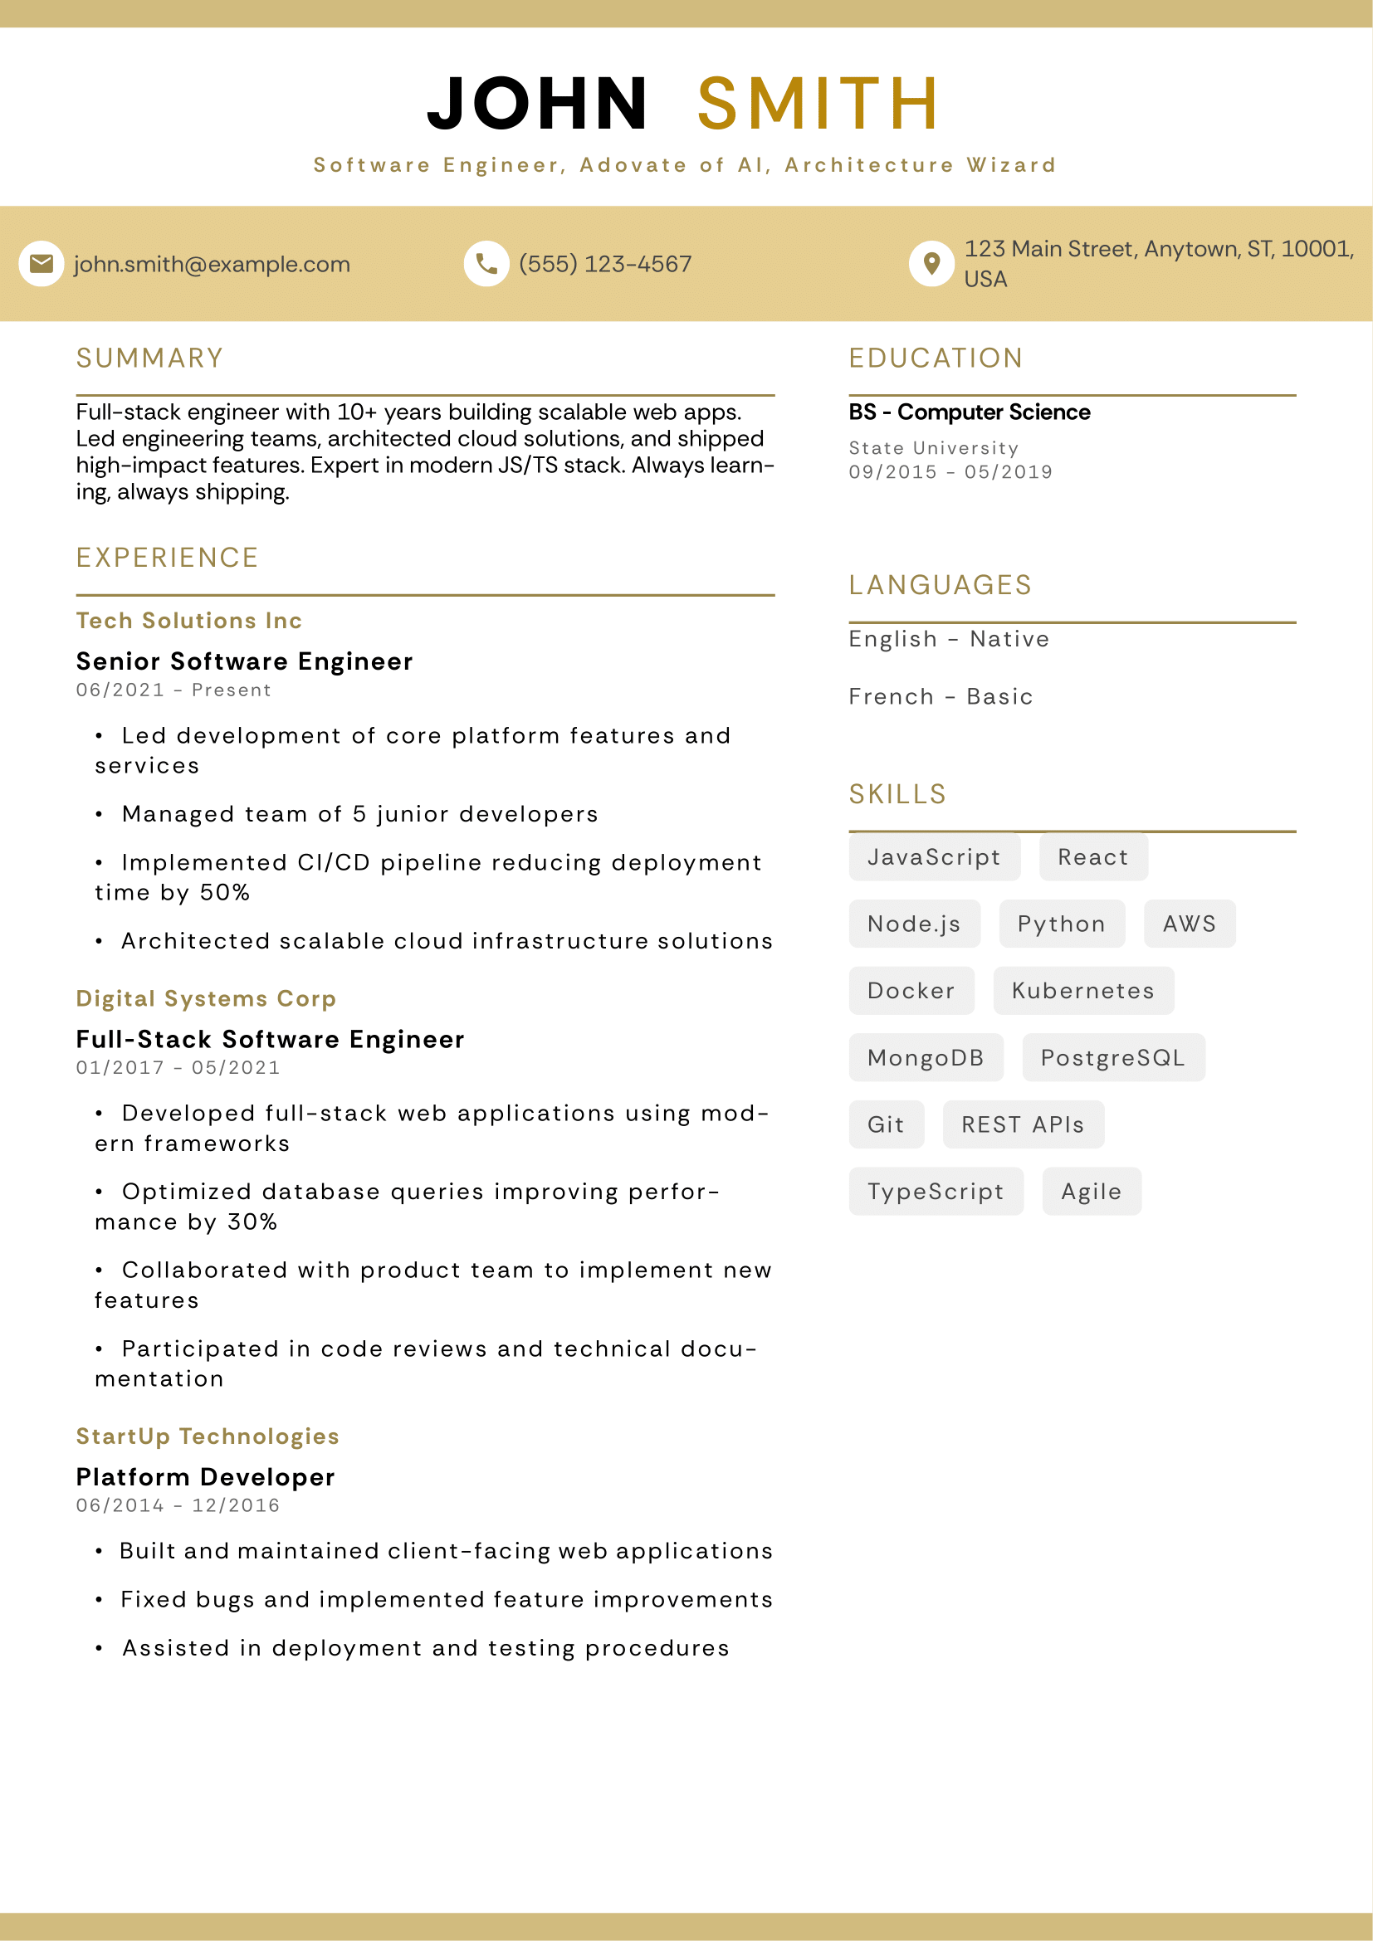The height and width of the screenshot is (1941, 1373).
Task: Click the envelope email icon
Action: (42, 264)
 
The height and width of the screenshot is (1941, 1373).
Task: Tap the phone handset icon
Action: (486, 264)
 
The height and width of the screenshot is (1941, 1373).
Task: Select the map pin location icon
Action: (931, 264)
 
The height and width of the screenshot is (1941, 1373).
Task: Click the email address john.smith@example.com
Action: (213, 265)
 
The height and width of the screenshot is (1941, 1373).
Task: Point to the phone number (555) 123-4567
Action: (605, 265)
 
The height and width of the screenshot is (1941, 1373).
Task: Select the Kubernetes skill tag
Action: (1083, 991)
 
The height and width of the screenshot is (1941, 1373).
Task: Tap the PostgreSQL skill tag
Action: (1112, 1057)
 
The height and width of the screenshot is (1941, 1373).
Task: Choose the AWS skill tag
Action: (1189, 924)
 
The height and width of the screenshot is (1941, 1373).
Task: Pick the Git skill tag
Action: (886, 1124)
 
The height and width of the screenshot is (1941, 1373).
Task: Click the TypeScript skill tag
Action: (936, 1191)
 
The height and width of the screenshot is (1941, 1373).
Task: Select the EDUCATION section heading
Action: (936, 358)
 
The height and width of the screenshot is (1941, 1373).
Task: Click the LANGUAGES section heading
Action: (941, 585)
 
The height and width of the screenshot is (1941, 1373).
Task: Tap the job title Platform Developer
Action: (205, 1477)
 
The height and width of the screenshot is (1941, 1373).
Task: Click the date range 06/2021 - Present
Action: (173, 690)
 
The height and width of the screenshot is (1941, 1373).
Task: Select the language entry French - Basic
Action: (941, 696)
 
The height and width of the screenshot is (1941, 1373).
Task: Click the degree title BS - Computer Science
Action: (969, 412)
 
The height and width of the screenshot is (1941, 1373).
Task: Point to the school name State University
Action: (933, 448)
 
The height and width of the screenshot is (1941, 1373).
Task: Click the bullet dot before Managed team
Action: (99, 815)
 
